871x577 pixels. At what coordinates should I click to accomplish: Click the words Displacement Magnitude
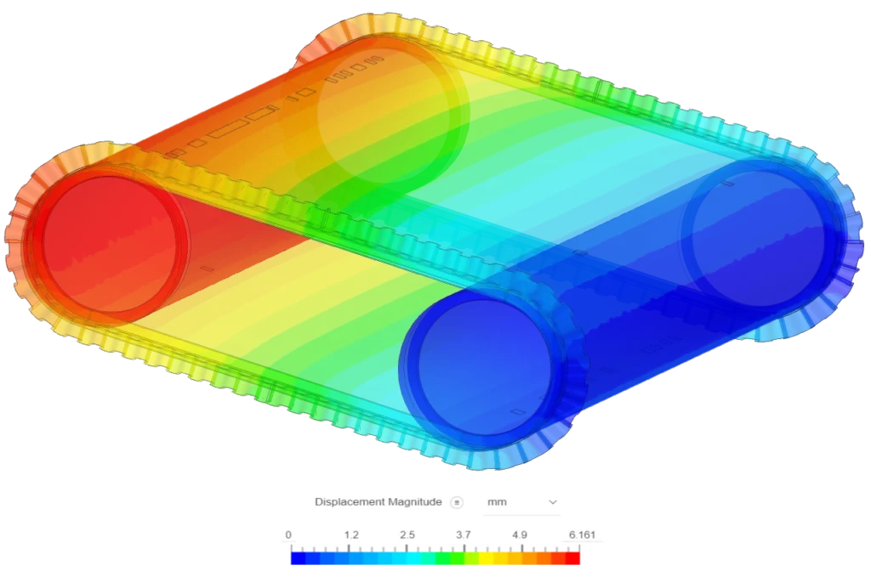pyautogui.click(x=378, y=502)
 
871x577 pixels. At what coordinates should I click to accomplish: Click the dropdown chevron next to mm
pyautogui.click(x=553, y=502)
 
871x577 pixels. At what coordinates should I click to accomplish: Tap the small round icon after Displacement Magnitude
pyautogui.click(x=457, y=502)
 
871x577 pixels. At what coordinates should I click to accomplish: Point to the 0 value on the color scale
pyautogui.click(x=289, y=535)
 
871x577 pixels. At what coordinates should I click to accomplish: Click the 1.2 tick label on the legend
pyautogui.click(x=351, y=535)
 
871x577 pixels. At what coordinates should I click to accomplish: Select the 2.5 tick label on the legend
pyautogui.click(x=407, y=535)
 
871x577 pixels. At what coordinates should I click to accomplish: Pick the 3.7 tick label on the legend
pyautogui.click(x=463, y=535)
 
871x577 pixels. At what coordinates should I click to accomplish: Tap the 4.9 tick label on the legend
pyautogui.click(x=520, y=535)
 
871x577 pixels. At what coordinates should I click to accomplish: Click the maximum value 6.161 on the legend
pyautogui.click(x=582, y=535)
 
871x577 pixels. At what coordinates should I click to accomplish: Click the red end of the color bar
pyautogui.click(x=574, y=559)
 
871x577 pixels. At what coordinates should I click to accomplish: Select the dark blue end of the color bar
pyautogui.click(x=296, y=559)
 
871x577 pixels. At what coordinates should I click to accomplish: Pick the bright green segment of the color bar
pyautogui.click(x=449, y=559)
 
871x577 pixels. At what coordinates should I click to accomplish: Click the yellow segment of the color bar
pyautogui.click(x=487, y=559)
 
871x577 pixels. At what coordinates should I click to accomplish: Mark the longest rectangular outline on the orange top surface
pyautogui.click(x=228, y=130)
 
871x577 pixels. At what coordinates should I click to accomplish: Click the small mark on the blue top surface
pyautogui.click(x=580, y=252)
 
